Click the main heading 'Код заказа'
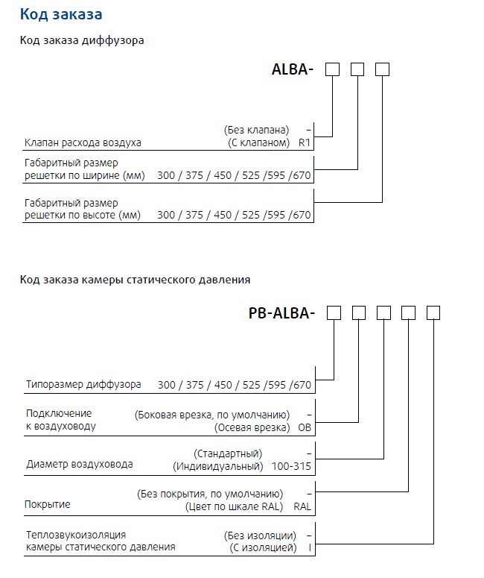pyautogui.click(x=61, y=14)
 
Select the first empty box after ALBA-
pyautogui.click(x=333, y=69)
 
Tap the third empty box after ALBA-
pyautogui.click(x=382, y=69)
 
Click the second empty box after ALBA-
pyautogui.click(x=357, y=69)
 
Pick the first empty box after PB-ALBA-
pyautogui.click(x=334, y=313)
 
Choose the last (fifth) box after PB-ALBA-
pyautogui.click(x=433, y=313)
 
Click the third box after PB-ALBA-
pyautogui.click(x=383, y=313)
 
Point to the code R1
pyautogui.click(x=304, y=142)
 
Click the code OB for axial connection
pyautogui.click(x=304, y=427)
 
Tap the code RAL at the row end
pyautogui.click(x=302, y=506)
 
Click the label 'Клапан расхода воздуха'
pyautogui.click(x=83, y=142)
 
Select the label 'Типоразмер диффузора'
pyautogui.click(x=83, y=385)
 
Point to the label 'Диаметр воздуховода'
pyautogui.click(x=80, y=464)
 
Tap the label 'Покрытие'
pyautogui.click(x=48, y=505)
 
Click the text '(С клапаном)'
pyautogui.click(x=258, y=142)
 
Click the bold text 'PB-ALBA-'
pyautogui.click(x=281, y=313)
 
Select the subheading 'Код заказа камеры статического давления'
pyautogui.click(x=135, y=280)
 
